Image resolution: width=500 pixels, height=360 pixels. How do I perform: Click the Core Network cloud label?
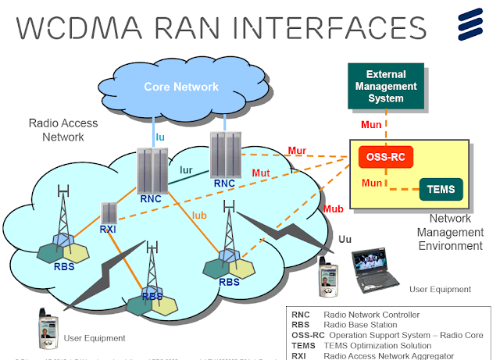pos(181,87)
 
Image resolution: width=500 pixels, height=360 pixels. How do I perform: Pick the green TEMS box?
pos(441,188)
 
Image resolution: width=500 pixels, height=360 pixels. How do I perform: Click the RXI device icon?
pos(109,212)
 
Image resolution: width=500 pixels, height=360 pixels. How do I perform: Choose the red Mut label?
pos(260,172)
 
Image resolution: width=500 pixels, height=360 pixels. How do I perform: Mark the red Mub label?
pos(332,209)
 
